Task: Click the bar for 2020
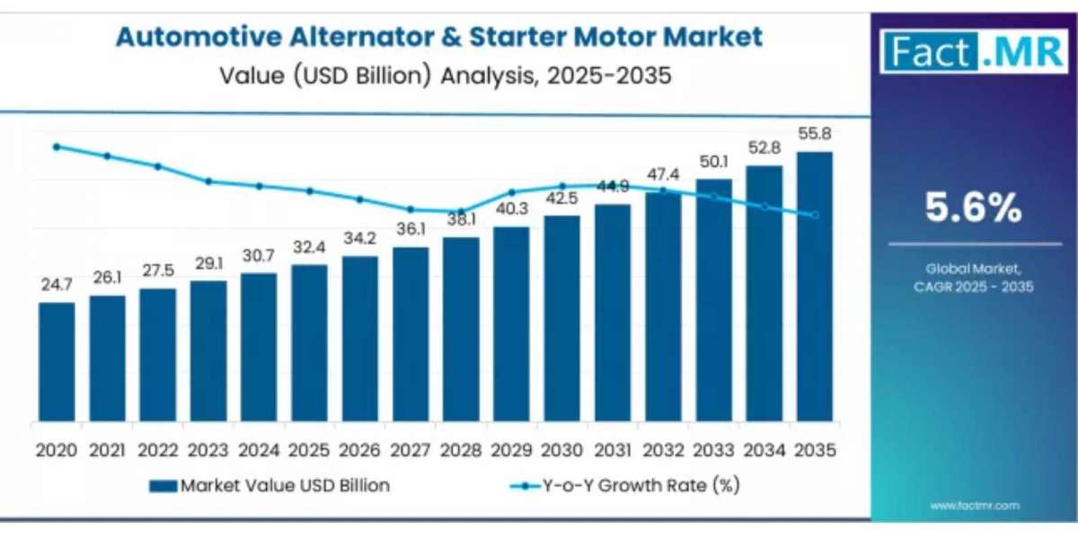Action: point(57,361)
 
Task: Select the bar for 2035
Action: point(814,287)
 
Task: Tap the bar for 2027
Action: point(411,334)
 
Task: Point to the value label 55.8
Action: point(814,134)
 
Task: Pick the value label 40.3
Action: point(511,209)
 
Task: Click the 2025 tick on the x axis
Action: point(309,449)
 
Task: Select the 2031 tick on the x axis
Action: point(612,449)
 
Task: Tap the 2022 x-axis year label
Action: point(157,449)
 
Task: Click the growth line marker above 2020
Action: point(57,146)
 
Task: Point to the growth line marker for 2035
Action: point(815,215)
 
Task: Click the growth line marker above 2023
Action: point(208,181)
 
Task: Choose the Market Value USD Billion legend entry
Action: point(269,486)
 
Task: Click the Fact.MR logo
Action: point(975,51)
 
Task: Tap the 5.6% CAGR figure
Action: point(974,208)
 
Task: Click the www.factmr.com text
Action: point(975,506)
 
